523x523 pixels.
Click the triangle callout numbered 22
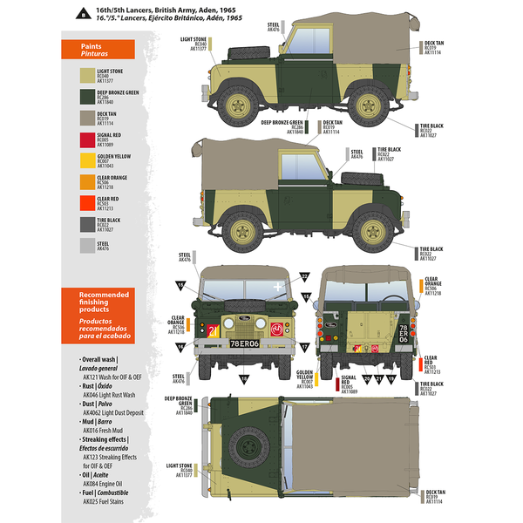(x=305, y=276)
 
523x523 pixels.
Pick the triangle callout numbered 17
(x=178, y=345)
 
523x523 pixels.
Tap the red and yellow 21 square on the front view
(x=213, y=329)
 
